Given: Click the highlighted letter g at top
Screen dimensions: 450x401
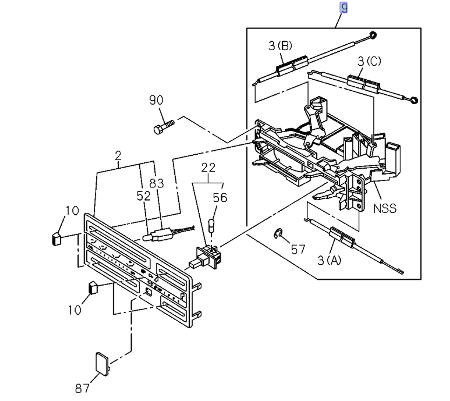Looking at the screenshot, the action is tap(343, 7).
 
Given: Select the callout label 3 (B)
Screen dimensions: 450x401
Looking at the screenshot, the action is tap(280, 46).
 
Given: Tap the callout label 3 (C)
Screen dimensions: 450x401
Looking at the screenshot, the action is tap(369, 61).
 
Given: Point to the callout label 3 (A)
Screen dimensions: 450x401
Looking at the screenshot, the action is tap(329, 260).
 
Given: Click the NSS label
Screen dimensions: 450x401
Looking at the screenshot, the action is tap(385, 209).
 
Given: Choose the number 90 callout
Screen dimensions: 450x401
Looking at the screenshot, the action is tap(156, 100).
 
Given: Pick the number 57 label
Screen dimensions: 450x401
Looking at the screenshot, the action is tap(298, 249).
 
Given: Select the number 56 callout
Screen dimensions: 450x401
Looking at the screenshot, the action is tap(220, 198).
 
